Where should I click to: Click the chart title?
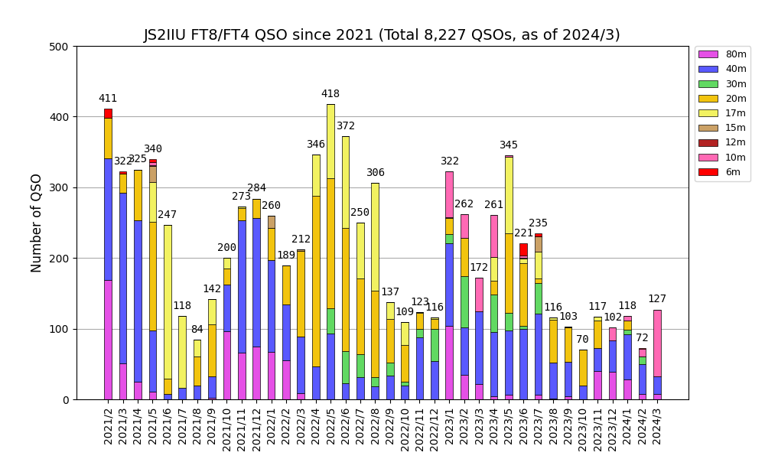point(382,35)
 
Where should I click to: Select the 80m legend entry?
point(735,54)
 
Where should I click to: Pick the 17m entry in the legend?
point(735,113)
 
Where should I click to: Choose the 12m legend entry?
point(735,143)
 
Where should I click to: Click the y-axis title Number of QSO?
point(37,223)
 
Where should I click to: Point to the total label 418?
point(330,94)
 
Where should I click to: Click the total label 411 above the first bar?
point(108,99)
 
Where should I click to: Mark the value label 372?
point(346,126)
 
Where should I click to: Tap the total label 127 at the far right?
point(657,299)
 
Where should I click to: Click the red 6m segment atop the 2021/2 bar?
point(108,113)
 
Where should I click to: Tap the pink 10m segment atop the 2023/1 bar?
point(449,194)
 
